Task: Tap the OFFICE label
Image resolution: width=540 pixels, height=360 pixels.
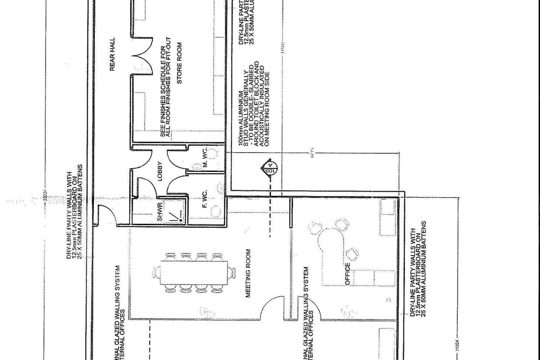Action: (347, 274)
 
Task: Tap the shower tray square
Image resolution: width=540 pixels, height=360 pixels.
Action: (173, 211)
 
